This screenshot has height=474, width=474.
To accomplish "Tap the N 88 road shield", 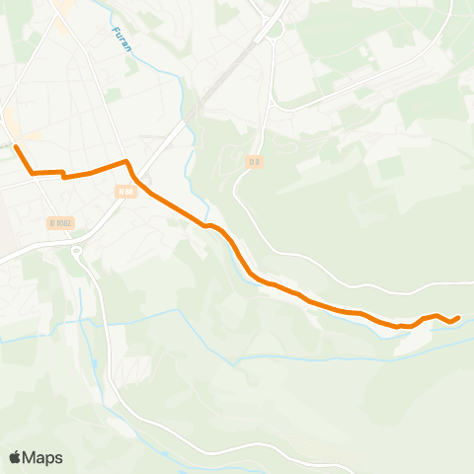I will pyautogui.click(x=124, y=192).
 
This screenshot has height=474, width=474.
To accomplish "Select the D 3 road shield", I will pyautogui.click(x=255, y=162).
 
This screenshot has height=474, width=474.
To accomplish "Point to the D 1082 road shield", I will pyautogui.click(x=61, y=223).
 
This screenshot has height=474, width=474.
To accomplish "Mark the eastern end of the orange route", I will pyautogui.click(x=458, y=317).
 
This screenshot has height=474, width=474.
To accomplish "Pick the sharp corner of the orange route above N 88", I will pyautogui.click(x=125, y=161).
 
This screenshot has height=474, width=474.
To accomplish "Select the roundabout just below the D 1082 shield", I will pyautogui.click(x=76, y=251).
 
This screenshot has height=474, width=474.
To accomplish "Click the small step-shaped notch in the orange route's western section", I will pyautogui.click(x=63, y=175).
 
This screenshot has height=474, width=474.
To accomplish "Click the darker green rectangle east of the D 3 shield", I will pyautogui.click(x=390, y=169).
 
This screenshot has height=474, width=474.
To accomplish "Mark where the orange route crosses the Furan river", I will pyautogui.click(x=207, y=225).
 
